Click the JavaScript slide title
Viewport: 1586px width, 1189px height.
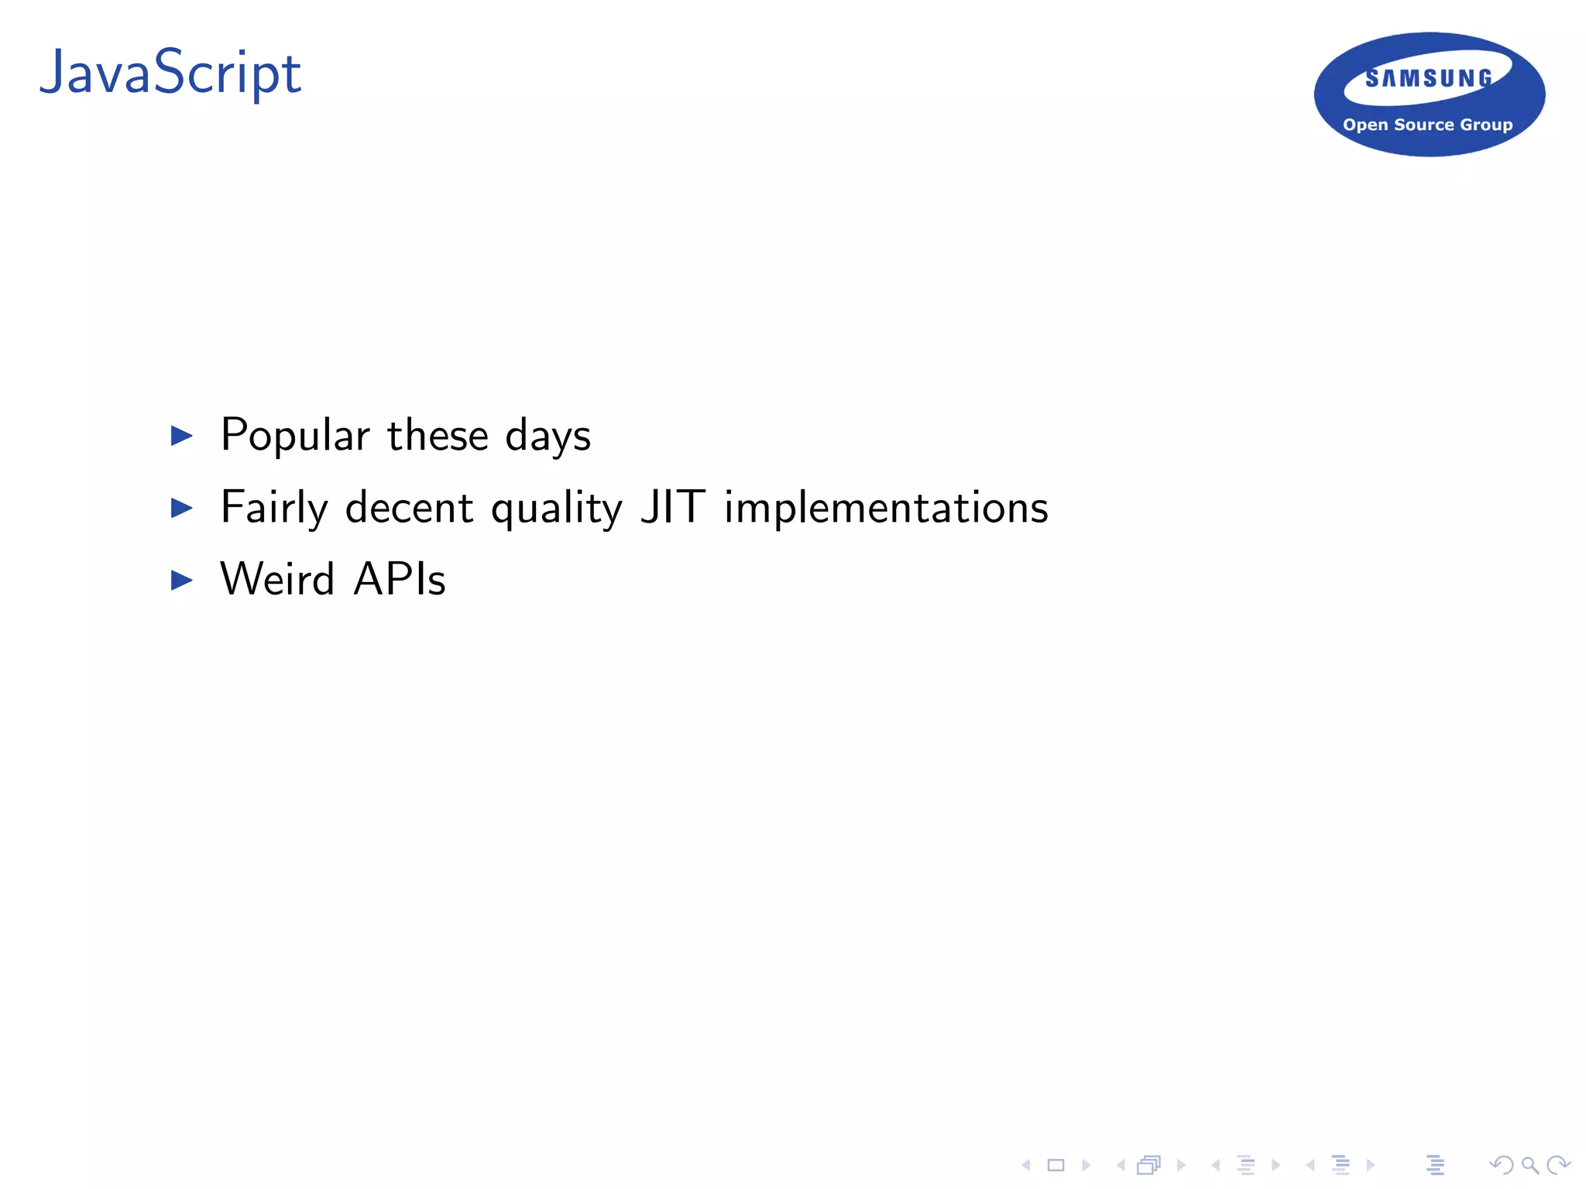coord(170,74)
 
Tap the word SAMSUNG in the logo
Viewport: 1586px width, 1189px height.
coord(1429,78)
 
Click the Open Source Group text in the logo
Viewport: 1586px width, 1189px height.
coord(1427,125)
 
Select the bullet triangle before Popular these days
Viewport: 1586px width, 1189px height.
coord(181,436)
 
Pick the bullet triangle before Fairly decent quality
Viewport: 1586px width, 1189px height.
coord(181,508)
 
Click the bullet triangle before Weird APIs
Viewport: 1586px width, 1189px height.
coord(181,580)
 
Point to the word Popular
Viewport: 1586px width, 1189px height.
coord(295,436)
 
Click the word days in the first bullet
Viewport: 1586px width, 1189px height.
coord(548,436)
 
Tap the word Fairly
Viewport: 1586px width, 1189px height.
coord(274,508)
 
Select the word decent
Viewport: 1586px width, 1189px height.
coord(409,508)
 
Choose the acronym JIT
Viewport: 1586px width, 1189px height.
coord(672,507)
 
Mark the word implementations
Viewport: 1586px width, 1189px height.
coord(886,508)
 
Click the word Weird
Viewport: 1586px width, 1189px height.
coord(277,579)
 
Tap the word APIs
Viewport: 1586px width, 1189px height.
coord(400,579)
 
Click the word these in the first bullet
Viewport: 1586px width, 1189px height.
coord(438,435)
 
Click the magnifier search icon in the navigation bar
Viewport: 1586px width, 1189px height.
coord(1529,1165)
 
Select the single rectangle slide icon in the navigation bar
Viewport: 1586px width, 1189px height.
coord(1056,1165)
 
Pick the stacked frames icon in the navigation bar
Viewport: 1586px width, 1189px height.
coord(1149,1165)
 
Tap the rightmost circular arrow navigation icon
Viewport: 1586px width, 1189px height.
coord(1557,1165)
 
